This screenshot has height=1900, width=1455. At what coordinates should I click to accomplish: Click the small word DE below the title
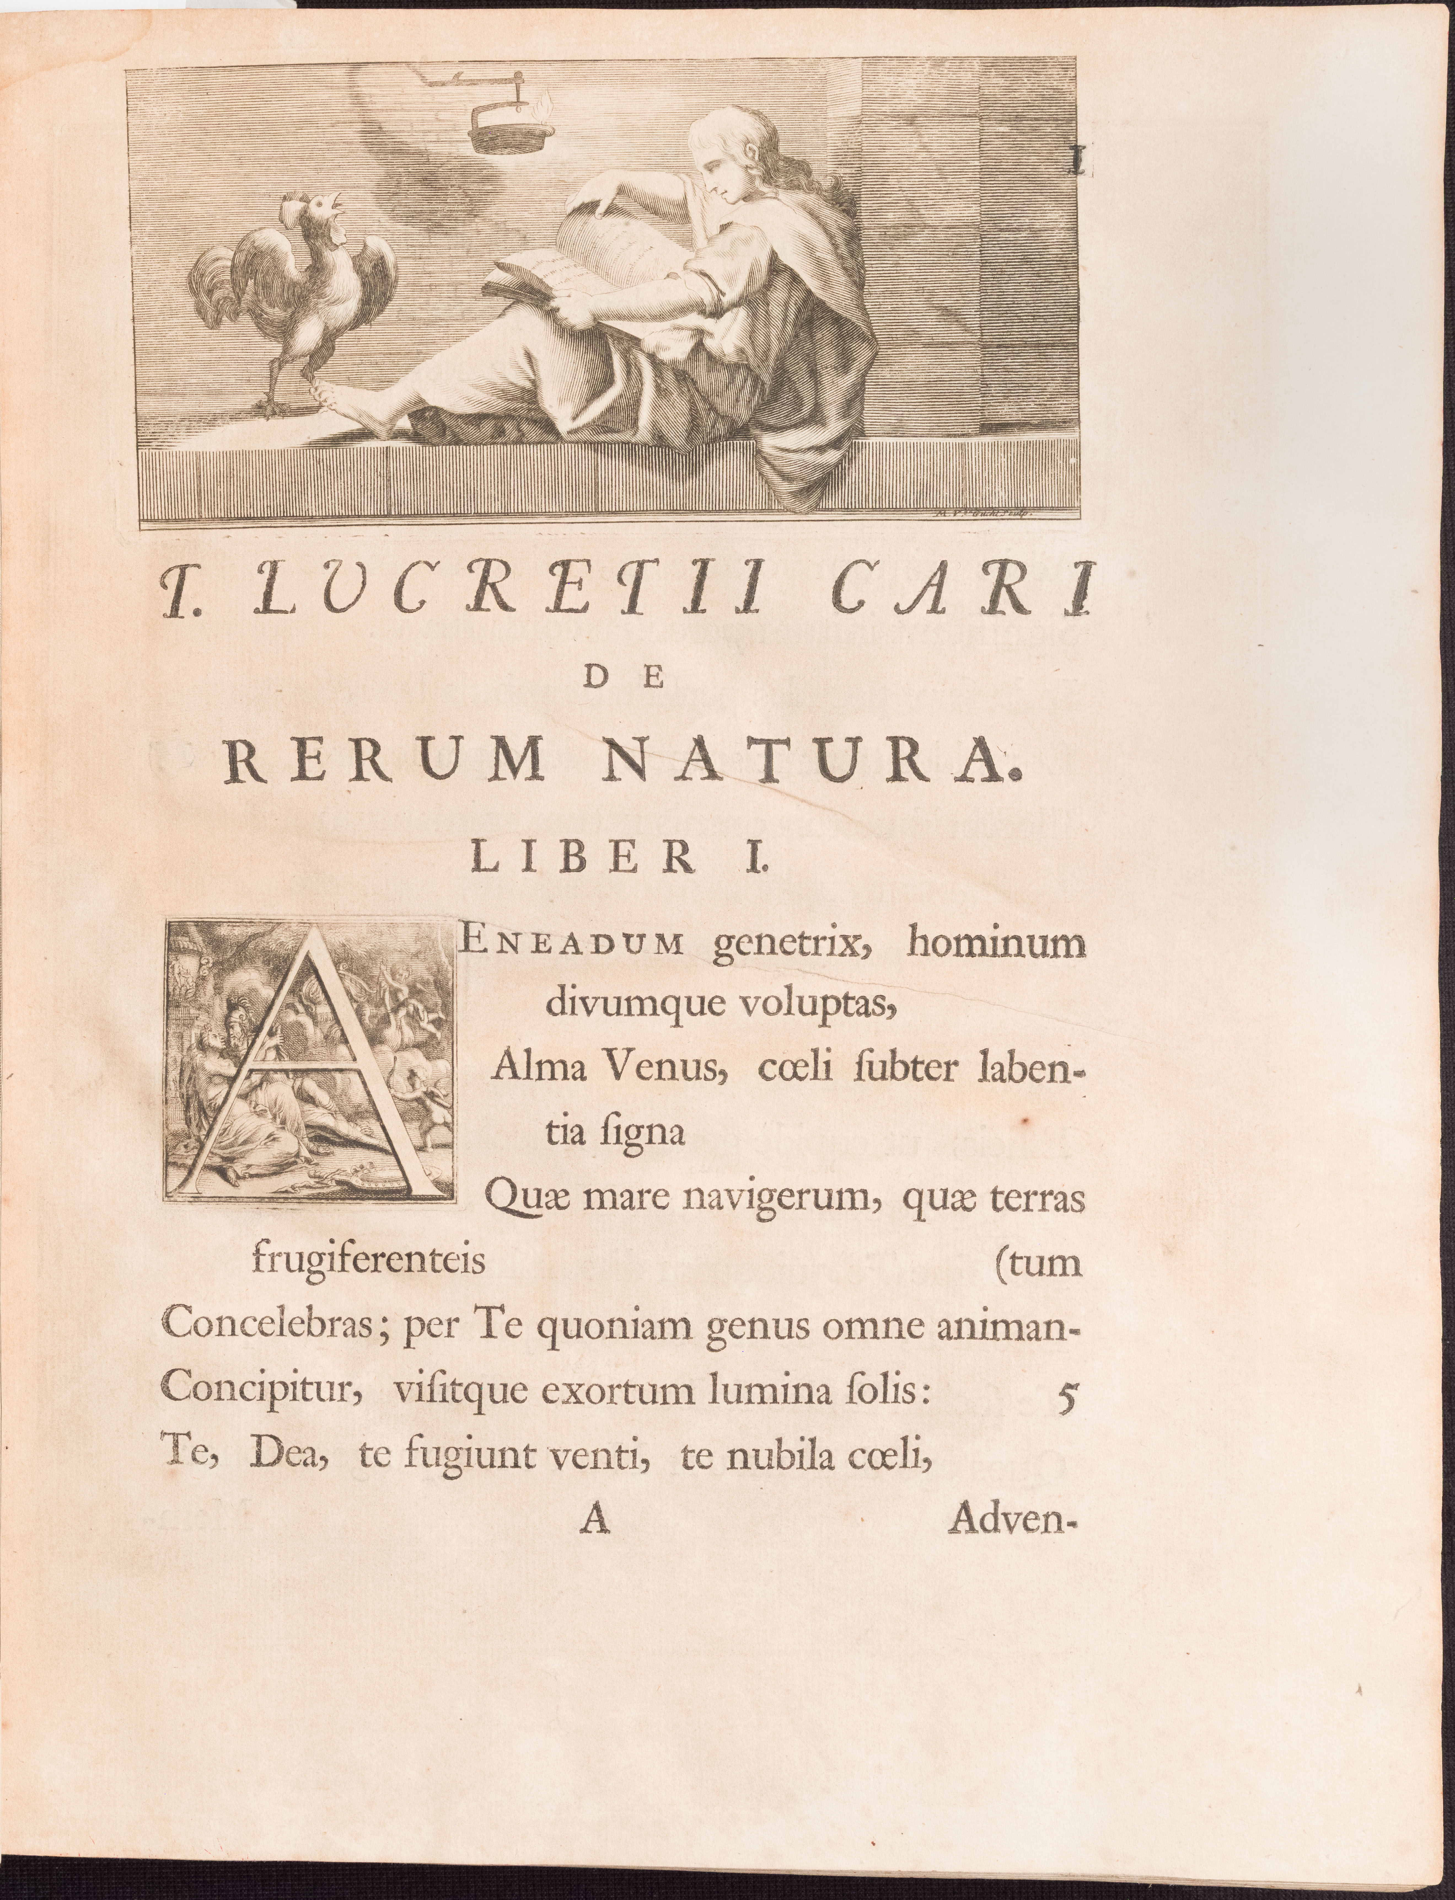click(619, 677)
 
